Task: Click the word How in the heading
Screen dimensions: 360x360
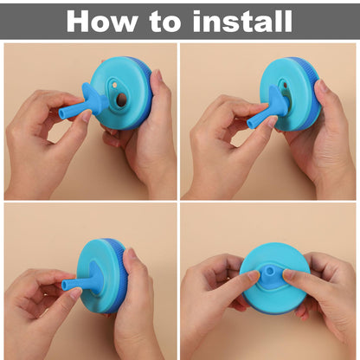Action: coord(102,21)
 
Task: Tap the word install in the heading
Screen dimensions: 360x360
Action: coord(242,21)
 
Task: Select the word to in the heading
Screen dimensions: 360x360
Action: coord(165,22)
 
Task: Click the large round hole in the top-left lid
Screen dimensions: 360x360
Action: coord(121,100)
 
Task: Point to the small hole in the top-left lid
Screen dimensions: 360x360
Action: coord(114,86)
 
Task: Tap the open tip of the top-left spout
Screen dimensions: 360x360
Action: coord(61,113)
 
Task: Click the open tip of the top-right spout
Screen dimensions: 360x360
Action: coord(250,124)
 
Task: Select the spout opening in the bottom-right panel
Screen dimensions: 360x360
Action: coord(270,271)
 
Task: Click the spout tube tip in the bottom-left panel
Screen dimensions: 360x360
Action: coord(65,285)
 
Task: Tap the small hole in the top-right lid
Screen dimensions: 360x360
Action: coord(286,86)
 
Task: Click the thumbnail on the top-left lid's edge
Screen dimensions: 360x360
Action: coord(156,77)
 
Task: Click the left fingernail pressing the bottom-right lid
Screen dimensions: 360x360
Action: coord(254,275)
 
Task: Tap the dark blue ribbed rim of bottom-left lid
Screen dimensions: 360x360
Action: coord(120,277)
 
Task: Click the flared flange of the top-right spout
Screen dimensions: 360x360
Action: coord(277,101)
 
